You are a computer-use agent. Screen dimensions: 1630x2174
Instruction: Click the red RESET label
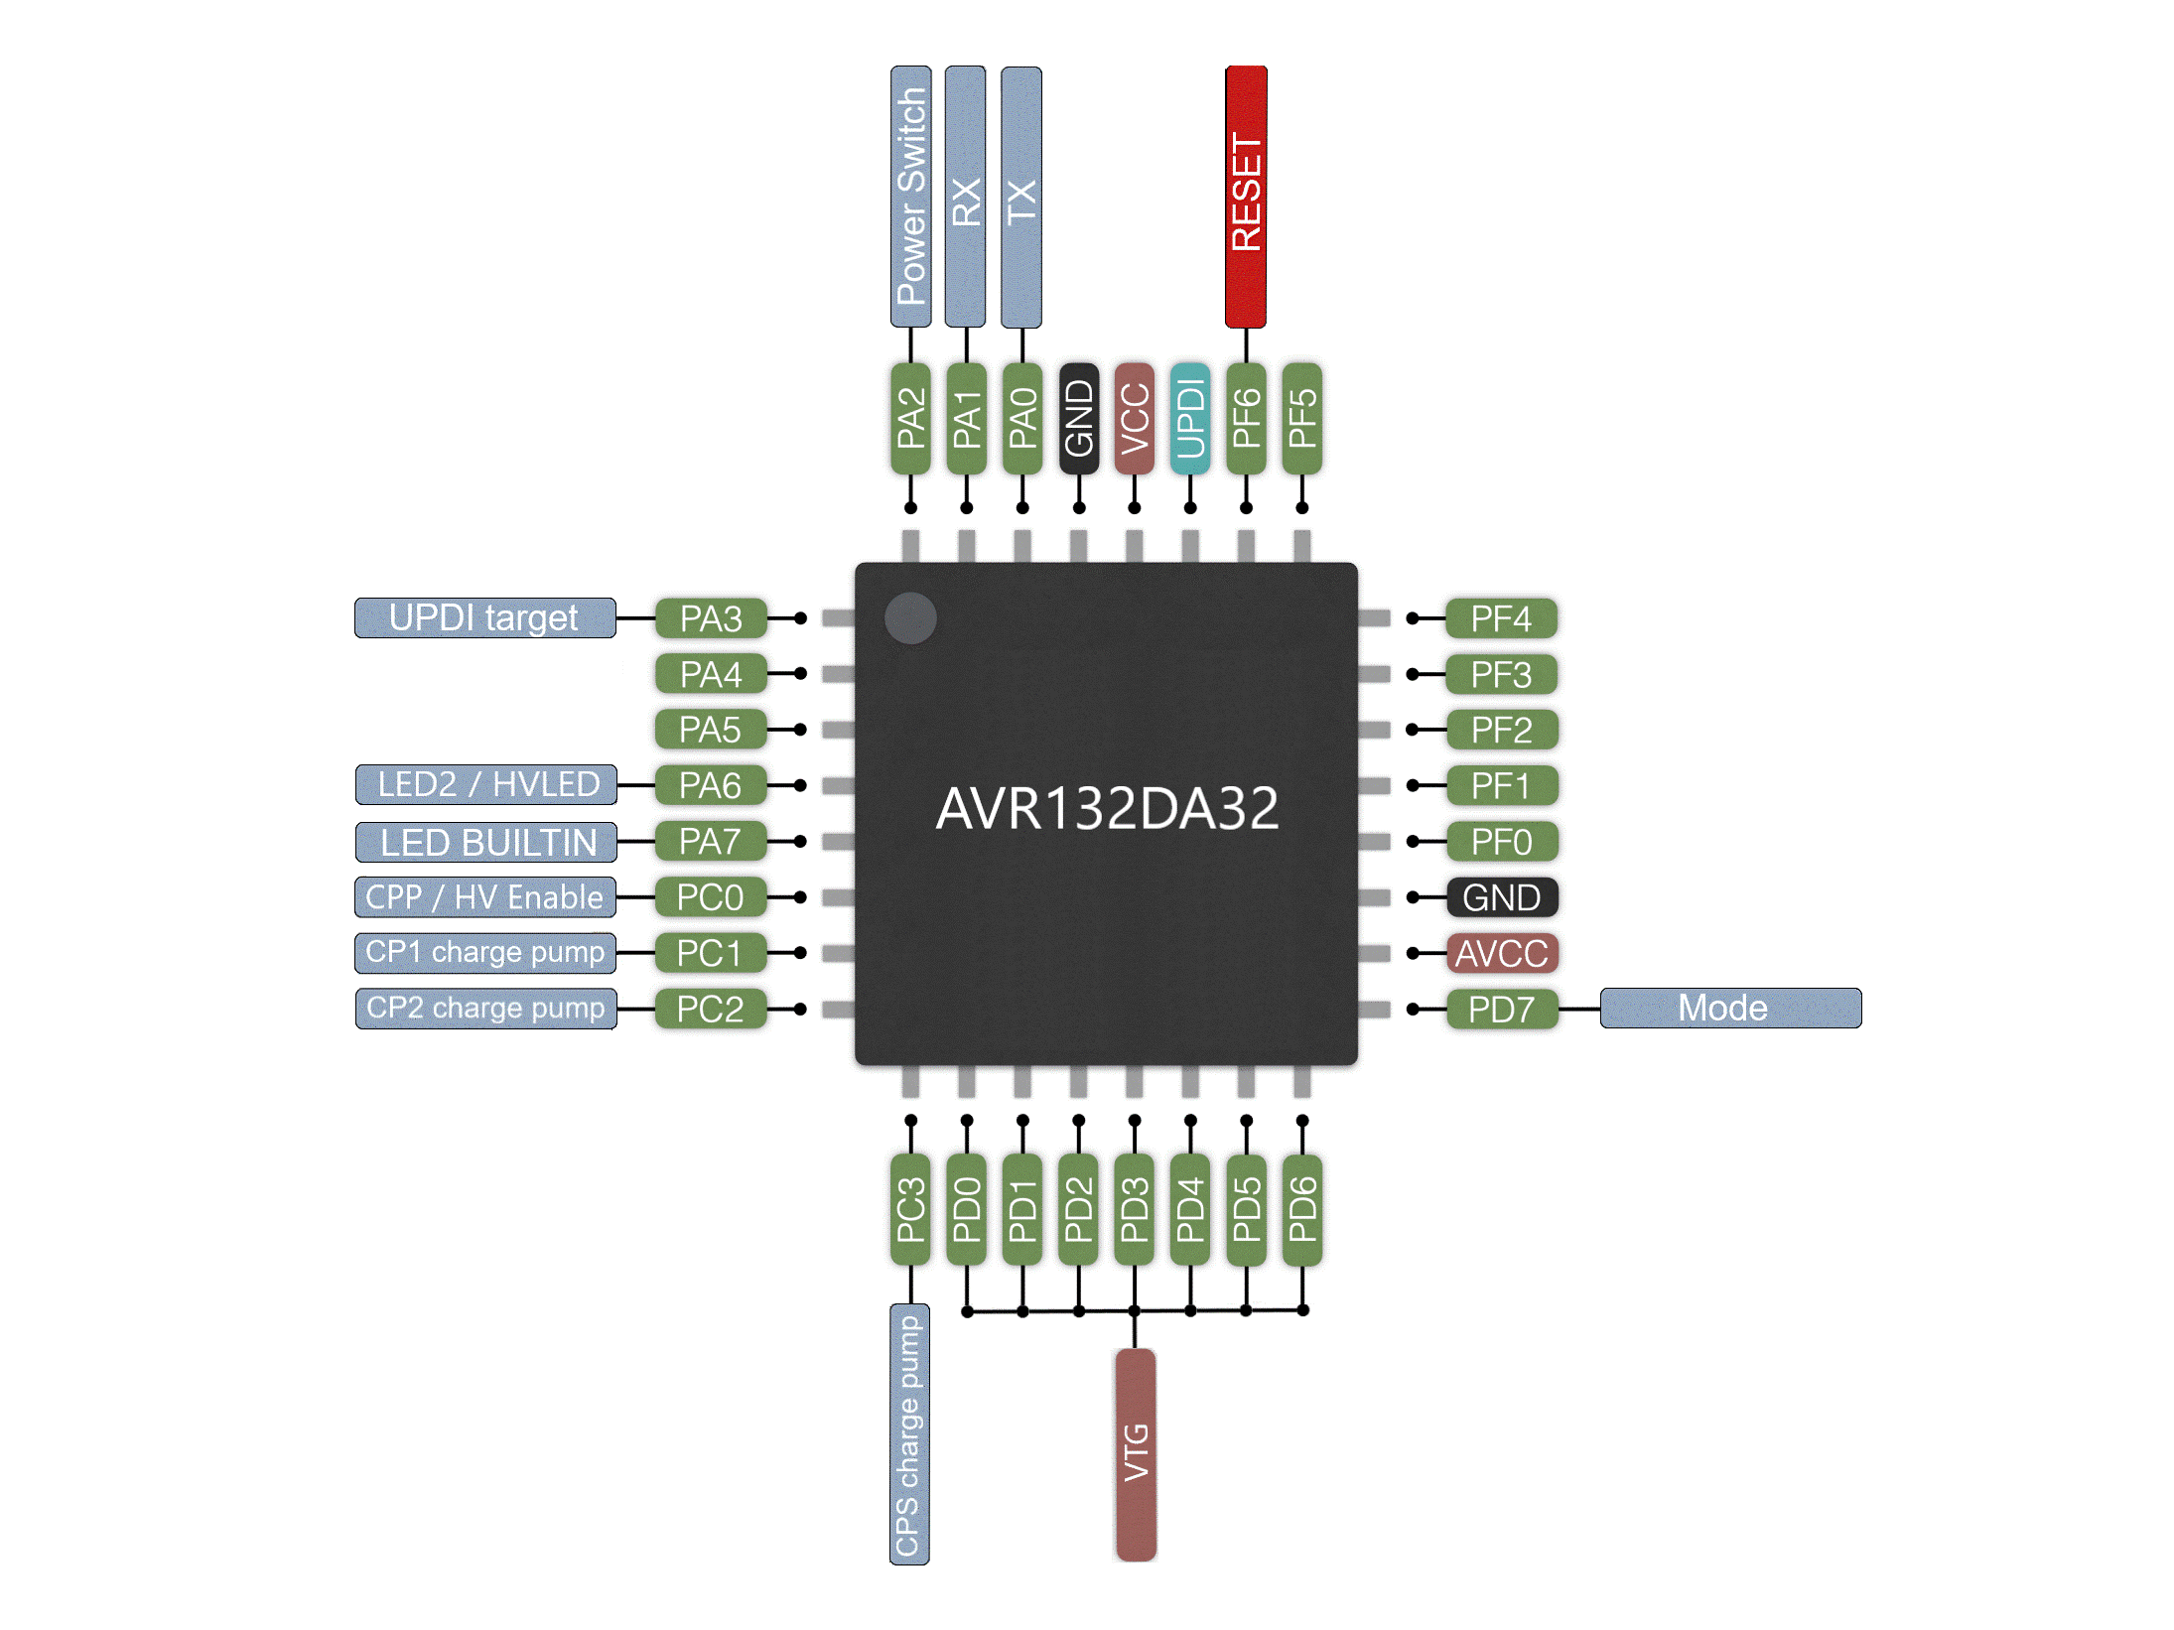click(x=1246, y=197)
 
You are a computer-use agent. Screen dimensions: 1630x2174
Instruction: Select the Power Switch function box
click(x=910, y=197)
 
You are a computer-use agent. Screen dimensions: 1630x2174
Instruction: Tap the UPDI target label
click(x=484, y=617)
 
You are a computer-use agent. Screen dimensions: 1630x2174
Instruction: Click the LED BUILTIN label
click(x=486, y=842)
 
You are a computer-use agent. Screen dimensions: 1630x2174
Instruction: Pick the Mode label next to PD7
click(x=1729, y=1009)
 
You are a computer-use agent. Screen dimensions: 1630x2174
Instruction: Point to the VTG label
click(x=1136, y=1453)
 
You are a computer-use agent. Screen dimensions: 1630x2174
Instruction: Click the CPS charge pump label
click(x=909, y=1433)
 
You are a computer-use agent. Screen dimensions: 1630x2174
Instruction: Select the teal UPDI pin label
click(x=1190, y=418)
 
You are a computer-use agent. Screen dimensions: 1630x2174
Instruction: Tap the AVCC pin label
click(x=1501, y=953)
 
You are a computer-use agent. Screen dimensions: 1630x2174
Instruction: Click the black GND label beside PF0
click(x=1501, y=897)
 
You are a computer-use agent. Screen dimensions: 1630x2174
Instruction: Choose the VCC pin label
click(x=1135, y=418)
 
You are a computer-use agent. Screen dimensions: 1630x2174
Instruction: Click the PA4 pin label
click(x=711, y=674)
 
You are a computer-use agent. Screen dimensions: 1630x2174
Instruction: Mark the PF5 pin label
click(x=1302, y=418)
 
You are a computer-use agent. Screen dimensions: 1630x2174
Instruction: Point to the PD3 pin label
click(x=1135, y=1209)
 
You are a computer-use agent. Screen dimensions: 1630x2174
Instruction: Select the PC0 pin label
click(x=711, y=897)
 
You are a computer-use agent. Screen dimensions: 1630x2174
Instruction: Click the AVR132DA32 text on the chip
click(x=1107, y=808)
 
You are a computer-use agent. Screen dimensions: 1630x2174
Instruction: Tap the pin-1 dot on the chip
click(x=910, y=617)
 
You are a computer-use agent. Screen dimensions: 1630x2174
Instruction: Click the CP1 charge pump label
click(x=485, y=953)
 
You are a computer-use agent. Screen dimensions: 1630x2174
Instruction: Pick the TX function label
click(x=1021, y=197)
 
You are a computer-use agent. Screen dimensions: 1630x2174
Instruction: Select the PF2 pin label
click(x=1501, y=730)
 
